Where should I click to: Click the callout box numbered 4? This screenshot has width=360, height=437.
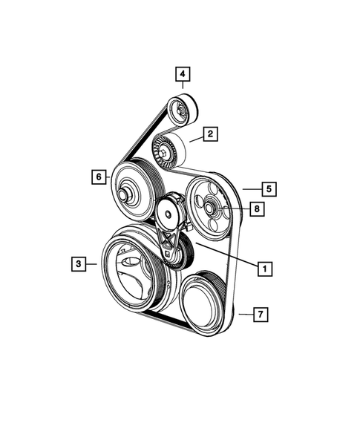182,74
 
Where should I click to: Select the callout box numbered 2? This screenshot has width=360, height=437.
211,134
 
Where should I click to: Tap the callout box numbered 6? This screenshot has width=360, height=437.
97,177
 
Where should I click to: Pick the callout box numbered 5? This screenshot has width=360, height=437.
268,188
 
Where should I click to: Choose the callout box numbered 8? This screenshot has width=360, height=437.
255,210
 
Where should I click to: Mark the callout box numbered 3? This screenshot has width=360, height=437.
77,262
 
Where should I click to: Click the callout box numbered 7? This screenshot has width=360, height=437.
261,315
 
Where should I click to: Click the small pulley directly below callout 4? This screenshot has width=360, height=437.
180,111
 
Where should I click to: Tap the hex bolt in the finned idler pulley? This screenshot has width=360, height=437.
163,153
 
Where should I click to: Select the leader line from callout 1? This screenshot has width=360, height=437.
226,256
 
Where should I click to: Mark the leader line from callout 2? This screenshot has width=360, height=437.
194,138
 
